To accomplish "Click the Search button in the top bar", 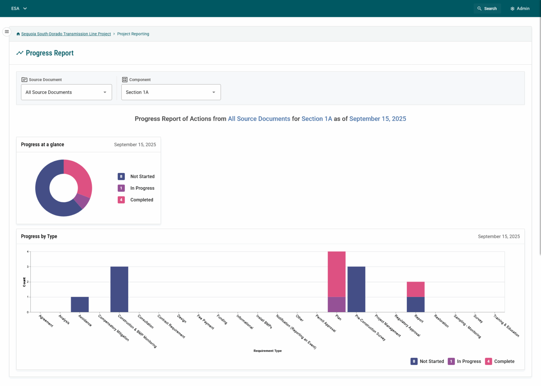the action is pos(487,8).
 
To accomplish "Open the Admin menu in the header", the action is pos(520,8).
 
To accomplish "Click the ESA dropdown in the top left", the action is pos(19,8).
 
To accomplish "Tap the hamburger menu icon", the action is pos(7,32).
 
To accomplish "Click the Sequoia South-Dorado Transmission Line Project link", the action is pos(66,34).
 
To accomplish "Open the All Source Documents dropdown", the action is pos(66,92).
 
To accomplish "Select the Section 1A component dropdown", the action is pos(171,92).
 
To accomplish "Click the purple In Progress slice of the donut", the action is pos(82,201).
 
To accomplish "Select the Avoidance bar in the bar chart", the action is pos(80,304).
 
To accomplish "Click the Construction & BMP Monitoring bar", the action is pos(119,289).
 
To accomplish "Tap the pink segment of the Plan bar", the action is pos(336,274).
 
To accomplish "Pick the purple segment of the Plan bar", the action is pos(336,304).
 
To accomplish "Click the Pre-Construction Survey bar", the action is pos(356,289).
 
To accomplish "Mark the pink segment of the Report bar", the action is pos(416,289).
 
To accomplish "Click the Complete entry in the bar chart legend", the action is pos(500,361).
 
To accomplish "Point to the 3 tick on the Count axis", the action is pos(28,267).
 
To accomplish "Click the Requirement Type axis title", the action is pos(267,351).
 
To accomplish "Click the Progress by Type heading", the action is pos(39,236).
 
